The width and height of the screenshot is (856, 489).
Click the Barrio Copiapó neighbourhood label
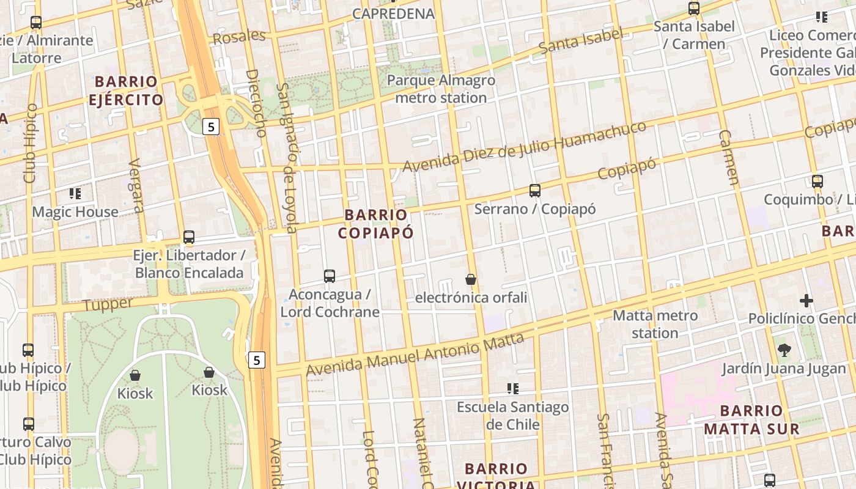[x=375, y=224]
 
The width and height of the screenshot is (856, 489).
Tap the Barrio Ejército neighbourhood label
[x=126, y=90]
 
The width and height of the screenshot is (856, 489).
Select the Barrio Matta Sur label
[x=751, y=419]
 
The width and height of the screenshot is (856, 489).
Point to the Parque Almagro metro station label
[x=441, y=89]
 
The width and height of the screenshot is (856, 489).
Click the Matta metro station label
[x=655, y=324]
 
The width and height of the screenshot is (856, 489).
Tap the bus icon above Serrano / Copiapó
[x=535, y=191]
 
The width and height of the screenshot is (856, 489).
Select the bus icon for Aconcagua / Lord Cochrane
[x=330, y=276]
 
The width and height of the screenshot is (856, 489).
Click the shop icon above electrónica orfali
[x=471, y=279]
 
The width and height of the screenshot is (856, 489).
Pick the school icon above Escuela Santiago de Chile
[x=513, y=388]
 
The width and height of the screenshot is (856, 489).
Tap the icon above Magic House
[x=75, y=194]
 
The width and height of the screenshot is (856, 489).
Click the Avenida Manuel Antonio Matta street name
[x=415, y=354]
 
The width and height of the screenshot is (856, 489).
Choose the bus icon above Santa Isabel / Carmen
[x=694, y=9]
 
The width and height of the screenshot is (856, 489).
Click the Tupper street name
[x=108, y=304]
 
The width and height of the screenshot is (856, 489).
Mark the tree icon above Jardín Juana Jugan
[x=784, y=350]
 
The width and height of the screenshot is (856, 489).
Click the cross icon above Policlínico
[x=806, y=301]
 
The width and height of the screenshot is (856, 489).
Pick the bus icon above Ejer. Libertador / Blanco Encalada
[x=189, y=237]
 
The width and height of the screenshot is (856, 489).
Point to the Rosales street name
[x=239, y=37]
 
